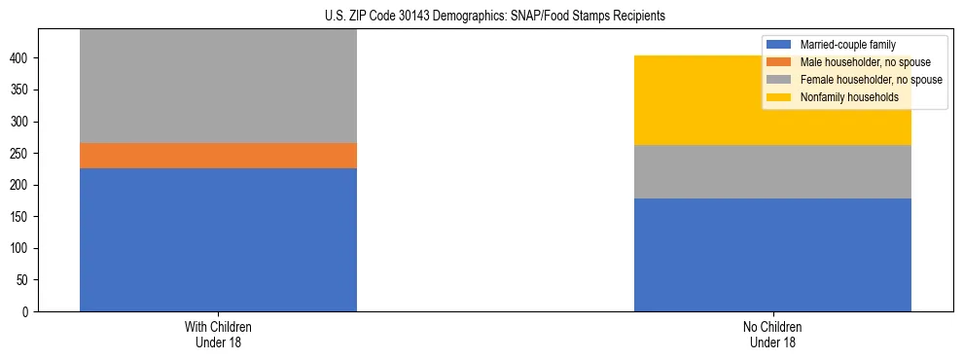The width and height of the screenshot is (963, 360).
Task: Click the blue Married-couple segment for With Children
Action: (x=218, y=239)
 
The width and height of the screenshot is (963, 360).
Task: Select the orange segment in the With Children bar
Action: (x=218, y=156)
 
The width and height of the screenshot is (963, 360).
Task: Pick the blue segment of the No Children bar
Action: (x=772, y=255)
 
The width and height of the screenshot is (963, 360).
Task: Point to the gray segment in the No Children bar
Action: (x=772, y=171)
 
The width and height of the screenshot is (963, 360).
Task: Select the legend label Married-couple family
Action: (x=847, y=45)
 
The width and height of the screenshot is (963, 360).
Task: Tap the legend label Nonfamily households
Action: (x=842, y=97)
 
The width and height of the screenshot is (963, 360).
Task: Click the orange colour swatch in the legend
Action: (x=779, y=62)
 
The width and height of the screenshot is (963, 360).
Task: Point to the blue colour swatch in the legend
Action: (x=779, y=45)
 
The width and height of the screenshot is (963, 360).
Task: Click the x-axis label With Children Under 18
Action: (x=218, y=334)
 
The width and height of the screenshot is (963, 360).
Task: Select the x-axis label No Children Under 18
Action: (x=772, y=334)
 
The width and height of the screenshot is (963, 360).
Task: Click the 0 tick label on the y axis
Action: (x=28, y=311)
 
